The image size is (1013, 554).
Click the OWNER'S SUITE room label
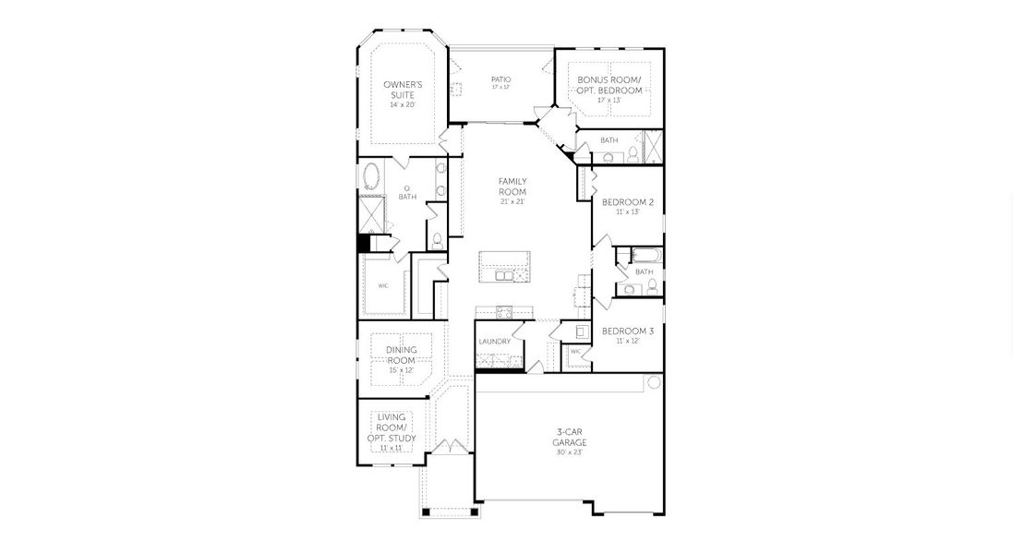403,90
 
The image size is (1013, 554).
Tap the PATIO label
500,79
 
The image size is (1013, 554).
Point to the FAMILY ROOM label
513,186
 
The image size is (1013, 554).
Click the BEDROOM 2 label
627,202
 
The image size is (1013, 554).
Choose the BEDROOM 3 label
627,331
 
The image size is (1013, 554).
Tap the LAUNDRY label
495,342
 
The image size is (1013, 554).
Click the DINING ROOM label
402,355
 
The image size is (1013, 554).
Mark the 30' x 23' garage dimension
570,453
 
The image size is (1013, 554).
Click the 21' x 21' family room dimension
513,201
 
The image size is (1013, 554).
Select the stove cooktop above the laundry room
503,311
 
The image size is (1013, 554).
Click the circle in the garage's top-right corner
654,382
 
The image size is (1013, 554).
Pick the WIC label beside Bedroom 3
575,352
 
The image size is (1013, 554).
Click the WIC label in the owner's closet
382,285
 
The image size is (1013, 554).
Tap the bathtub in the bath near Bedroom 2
644,255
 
